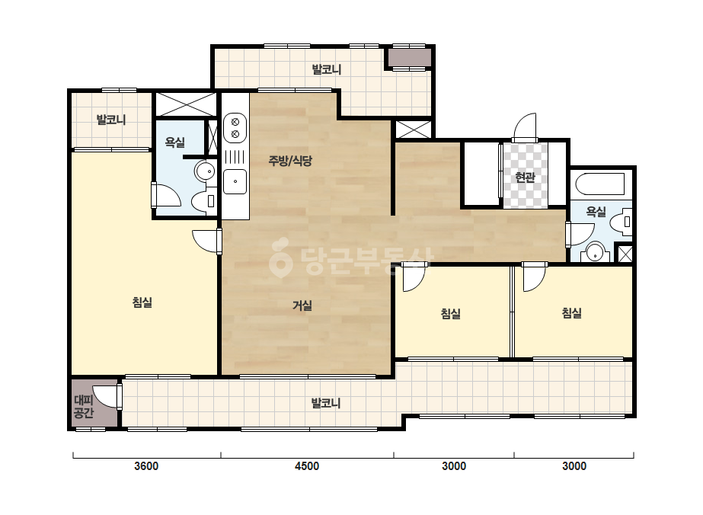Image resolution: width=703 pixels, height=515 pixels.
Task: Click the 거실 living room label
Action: tap(302, 305)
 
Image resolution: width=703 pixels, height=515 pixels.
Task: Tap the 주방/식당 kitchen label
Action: tap(290, 161)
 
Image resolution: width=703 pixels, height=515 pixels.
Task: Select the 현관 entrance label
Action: tap(525, 178)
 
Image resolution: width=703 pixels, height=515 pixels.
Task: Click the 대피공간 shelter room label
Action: tap(84, 406)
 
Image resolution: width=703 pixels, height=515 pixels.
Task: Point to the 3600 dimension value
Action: tap(146, 466)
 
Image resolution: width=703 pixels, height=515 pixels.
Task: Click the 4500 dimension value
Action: tap(307, 466)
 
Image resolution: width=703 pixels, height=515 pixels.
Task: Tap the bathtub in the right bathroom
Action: tap(600, 184)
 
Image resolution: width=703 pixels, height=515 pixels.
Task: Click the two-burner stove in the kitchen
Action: tap(235, 127)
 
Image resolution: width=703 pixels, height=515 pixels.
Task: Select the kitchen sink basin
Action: tap(235, 181)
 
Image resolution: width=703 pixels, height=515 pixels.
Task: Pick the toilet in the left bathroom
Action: tap(204, 201)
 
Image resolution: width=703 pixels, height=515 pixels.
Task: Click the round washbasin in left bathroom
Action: tap(205, 171)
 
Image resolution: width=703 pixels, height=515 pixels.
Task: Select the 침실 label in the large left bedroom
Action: tap(142, 302)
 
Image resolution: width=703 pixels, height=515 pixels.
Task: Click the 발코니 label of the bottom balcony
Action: tap(326, 403)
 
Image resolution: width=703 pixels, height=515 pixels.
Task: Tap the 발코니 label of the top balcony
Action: tap(327, 69)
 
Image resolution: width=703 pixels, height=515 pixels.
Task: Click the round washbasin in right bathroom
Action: tap(596, 252)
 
